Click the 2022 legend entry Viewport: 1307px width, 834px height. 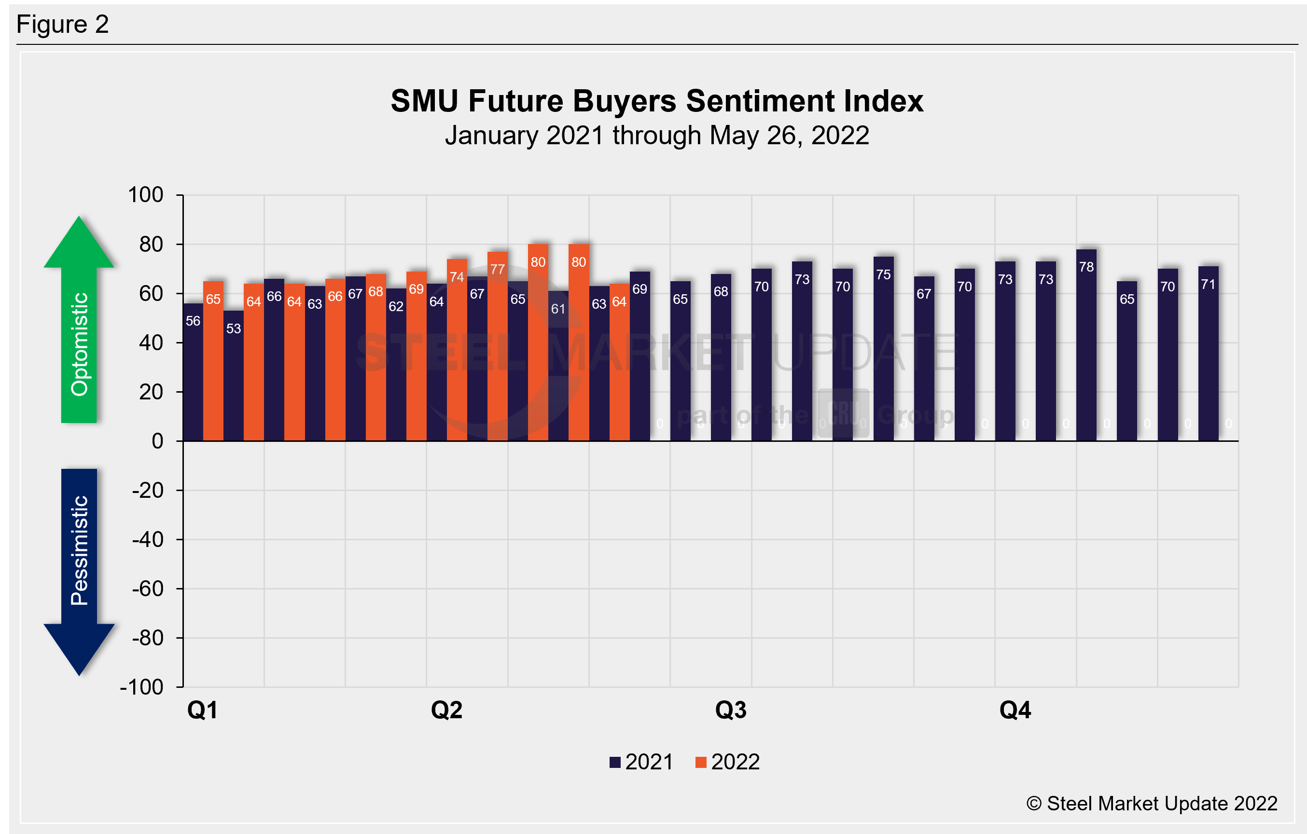point(728,762)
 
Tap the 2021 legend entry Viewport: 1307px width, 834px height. point(641,762)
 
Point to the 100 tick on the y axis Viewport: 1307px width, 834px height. point(145,195)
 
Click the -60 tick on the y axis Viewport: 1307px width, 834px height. point(148,589)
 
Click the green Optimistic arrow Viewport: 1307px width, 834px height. point(79,320)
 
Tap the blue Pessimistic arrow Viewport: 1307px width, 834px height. point(79,570)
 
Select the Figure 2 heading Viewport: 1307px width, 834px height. point(62,25)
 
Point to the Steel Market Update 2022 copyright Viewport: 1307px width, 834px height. point(1152,803)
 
